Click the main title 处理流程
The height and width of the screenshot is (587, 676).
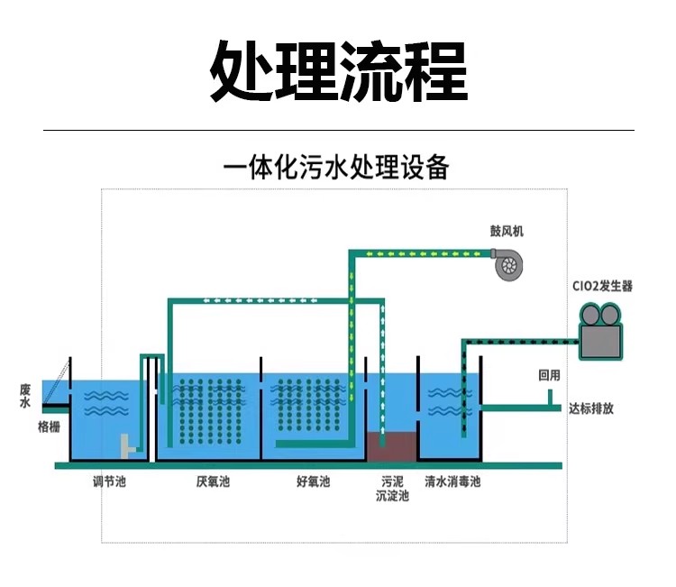coord(339,71)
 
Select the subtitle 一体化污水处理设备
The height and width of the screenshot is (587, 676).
coord(336,167)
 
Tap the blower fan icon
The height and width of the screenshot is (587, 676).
coord(507,264)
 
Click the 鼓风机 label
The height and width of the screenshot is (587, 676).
coord(507,231)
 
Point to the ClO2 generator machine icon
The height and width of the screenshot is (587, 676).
coord(600,331)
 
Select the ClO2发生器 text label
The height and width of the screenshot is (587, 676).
coord(602,286)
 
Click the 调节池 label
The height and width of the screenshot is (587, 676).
coord(109,481)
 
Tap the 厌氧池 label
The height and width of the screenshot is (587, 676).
coord(213,481)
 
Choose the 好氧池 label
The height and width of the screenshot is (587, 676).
coord(314,481)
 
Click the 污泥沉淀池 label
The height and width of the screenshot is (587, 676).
coord(392,488)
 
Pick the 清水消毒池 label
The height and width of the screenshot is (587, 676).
coord(452,481)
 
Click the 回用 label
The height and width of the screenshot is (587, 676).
coord(549,375)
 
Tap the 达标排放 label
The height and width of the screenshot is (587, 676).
coord(591,408)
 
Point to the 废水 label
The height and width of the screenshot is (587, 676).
coord(25,397)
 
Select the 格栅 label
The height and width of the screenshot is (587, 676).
coord(50,427)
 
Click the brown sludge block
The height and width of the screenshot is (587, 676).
coord(391,447)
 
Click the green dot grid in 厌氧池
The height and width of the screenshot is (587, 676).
coord(210,411)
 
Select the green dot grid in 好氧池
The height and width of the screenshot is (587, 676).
coord(309,405)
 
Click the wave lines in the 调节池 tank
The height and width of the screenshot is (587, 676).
coord(106,403)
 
